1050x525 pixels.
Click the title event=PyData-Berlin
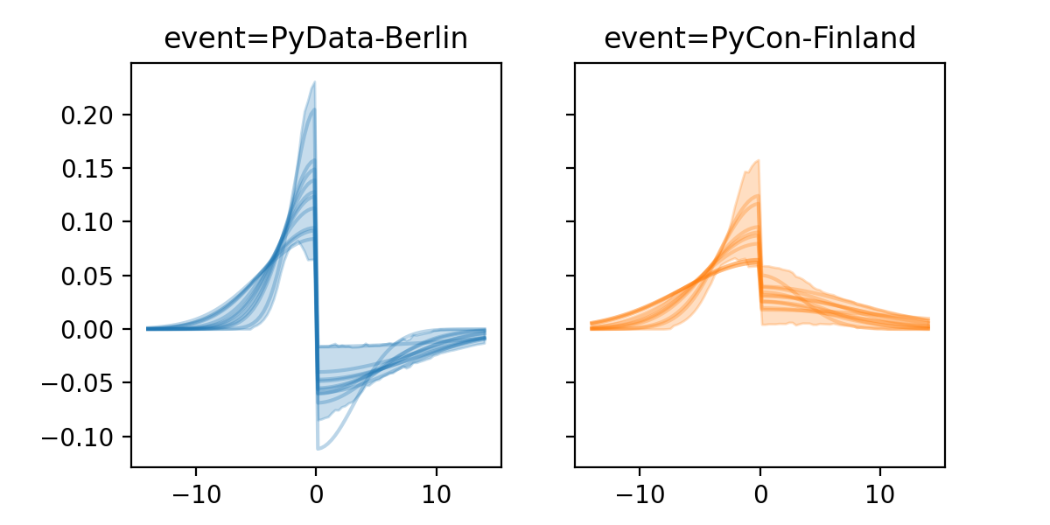[316, 39]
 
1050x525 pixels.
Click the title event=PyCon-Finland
[759, 39]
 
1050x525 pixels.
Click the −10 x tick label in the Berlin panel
[195, 492]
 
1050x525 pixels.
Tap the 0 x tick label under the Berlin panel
[316, 492]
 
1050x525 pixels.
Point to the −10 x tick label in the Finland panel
[639, 492]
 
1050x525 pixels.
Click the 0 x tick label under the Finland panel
[760, 492]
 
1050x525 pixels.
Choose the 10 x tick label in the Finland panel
[880, 492]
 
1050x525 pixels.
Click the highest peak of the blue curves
[314, 83]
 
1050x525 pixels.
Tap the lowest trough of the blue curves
[318, 449]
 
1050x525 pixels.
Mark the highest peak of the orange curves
[758, 160]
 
